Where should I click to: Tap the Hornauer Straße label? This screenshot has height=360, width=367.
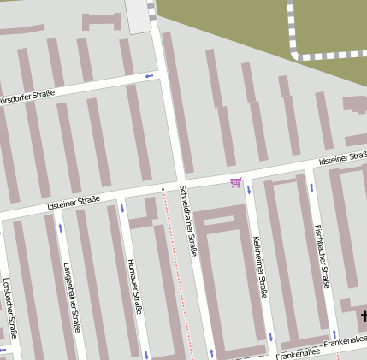tap(133, 286)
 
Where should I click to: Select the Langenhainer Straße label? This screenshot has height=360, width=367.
tap(71, 296)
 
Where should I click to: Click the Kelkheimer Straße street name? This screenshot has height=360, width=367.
tap(260, 266)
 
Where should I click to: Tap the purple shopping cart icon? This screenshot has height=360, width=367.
tap(235, 182)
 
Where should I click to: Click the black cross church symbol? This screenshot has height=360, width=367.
tap(363, 316)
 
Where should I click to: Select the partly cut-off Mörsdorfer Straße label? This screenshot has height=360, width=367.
tap(26, 97)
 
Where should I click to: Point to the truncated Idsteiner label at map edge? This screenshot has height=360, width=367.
tap(342, 158)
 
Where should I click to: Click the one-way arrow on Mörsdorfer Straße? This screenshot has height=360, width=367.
tap(149, 77)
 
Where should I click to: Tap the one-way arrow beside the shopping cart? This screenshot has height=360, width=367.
tap(249, 188)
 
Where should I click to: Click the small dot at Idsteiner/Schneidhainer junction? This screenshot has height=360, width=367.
tap(163, 187)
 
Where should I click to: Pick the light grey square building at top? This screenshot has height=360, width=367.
tap(138, 15)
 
